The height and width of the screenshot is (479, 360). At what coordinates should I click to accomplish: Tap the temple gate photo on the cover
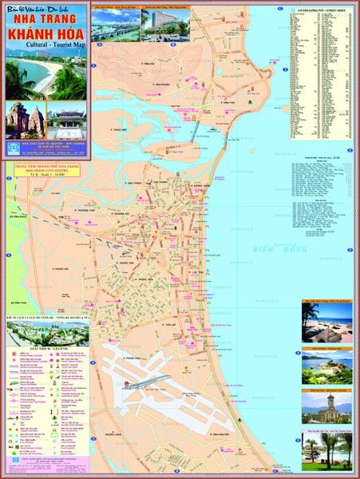66,119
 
